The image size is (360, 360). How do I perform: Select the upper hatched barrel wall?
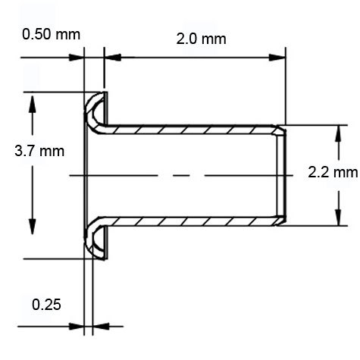(x=189, y=129)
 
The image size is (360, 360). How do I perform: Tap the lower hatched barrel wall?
(x=189, y=220)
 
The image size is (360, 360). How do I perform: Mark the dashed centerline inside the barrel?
(x=182, y=175)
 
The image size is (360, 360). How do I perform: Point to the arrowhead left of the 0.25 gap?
(x=77, y=327)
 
